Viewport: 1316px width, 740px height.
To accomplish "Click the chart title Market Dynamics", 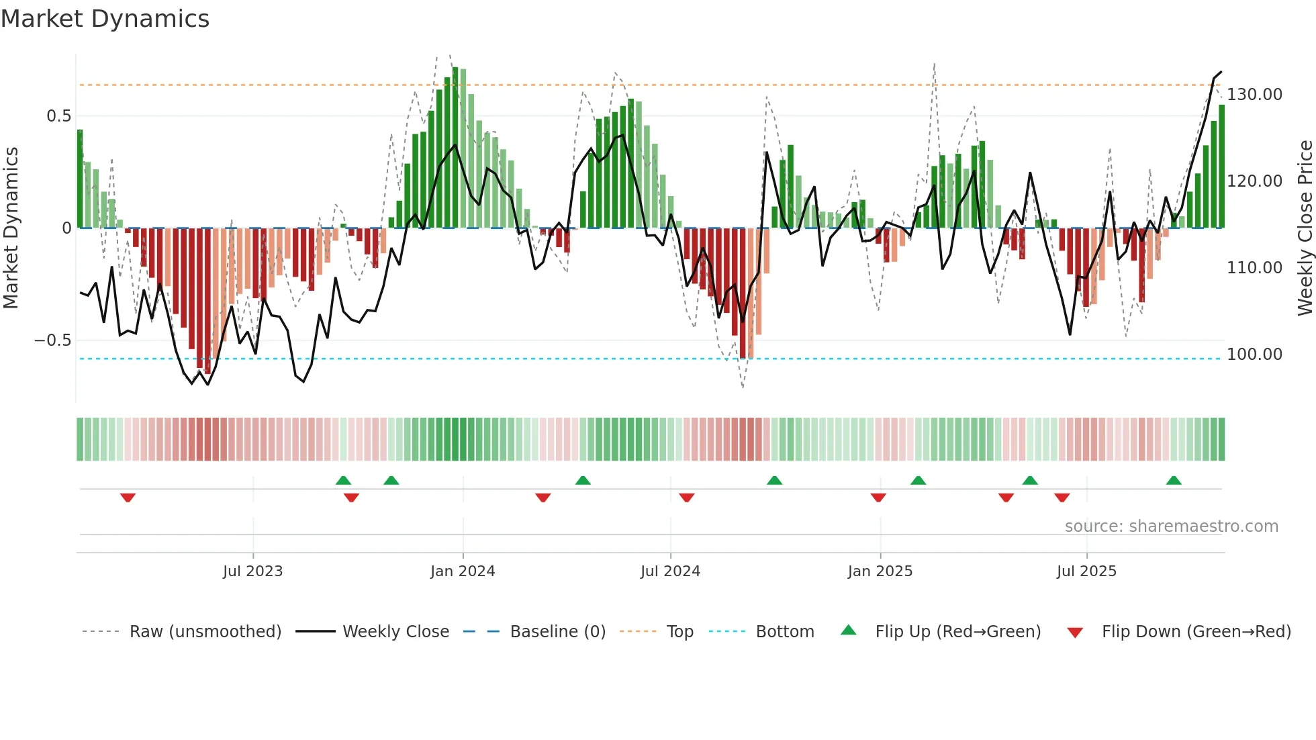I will (105, 19).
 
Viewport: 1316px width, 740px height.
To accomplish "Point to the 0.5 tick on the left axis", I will (59, 116).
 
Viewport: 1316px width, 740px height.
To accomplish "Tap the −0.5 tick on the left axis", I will (53, 340).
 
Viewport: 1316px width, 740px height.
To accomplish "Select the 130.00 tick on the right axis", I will (1254, 95).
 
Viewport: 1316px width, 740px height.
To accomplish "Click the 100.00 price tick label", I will (1254, 355).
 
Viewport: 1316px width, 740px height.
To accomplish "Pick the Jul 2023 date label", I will (252, 571).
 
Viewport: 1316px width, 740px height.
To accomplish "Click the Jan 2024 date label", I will (463, 571).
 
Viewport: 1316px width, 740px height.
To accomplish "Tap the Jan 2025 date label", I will (880, 571).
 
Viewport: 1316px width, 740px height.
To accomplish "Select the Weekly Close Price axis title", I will (1305, 228).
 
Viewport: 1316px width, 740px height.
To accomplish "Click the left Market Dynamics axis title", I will (11, 228).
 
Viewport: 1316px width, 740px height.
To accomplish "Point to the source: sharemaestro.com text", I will (1171, 526).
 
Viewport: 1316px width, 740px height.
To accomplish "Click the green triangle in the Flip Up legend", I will (849, 631).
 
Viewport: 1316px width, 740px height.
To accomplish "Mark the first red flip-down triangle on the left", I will (128, 498).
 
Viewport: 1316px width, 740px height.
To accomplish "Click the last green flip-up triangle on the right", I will (1174, 481).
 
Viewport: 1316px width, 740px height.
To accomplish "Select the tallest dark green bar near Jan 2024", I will (455, 148).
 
